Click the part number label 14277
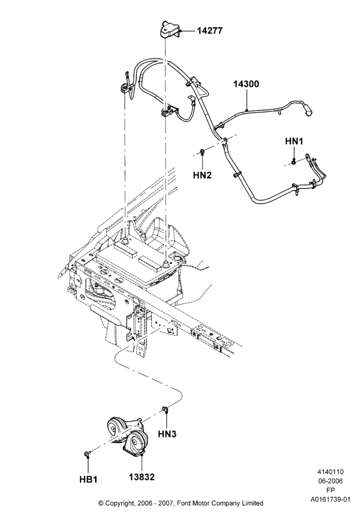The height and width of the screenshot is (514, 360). click(x=209, y=31)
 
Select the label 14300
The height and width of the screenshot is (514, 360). click(x=246, y=84)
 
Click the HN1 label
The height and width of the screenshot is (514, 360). click(x=294, y=141)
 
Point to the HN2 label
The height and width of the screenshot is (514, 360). click(x=202, y=175)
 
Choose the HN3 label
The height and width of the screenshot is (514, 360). click(x=167, y=434)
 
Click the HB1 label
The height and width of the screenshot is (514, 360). click(x=88, y=479)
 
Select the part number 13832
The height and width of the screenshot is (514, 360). click(x=141, y=476)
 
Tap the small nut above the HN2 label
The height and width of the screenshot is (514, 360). click(x=202, y=152)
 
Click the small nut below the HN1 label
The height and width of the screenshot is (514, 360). click(x=294, y=161)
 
